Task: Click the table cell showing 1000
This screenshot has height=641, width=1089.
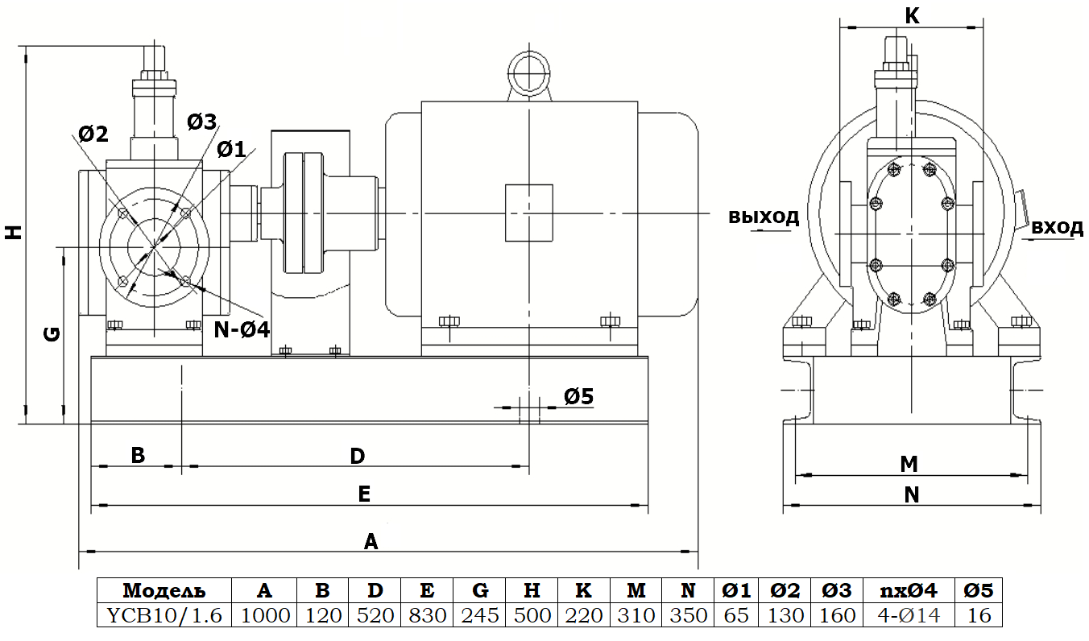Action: (264, 615)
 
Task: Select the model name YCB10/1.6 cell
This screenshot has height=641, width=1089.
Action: (164, 615)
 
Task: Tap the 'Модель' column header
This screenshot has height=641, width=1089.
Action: (164, 590)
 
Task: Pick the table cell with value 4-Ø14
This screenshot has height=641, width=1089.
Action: (908, 615)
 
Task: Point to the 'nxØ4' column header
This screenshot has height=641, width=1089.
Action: (908, 590)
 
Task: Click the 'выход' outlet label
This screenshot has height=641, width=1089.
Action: (764, 217)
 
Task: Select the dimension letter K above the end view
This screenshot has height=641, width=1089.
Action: (912, 15)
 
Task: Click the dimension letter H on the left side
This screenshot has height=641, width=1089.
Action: (13, 232)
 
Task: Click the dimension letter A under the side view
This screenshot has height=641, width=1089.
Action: (371, 540)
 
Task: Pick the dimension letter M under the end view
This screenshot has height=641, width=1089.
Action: (909, 464)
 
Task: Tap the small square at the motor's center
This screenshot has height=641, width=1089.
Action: (528, 213)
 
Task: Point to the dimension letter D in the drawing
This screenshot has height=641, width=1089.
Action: (357, 457)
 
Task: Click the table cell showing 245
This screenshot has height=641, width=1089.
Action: (480, 615)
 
